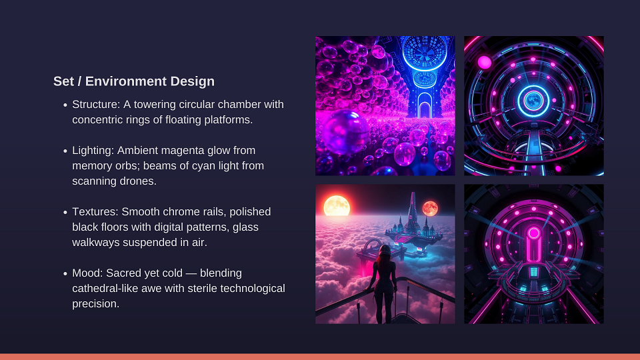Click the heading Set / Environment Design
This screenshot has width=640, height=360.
[134, 81]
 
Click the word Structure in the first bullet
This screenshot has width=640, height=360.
[95, 105]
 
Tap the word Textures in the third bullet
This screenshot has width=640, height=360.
[94, 212]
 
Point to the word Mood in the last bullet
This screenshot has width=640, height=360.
[86, 273]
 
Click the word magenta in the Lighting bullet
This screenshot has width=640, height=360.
[184, 151]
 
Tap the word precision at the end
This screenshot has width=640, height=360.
[95, 304]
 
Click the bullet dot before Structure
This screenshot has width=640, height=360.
[65, 105]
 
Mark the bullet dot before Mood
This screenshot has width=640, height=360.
[65, 273]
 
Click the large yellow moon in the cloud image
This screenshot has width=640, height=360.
[337, 206]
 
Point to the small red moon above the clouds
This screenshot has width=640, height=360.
[430, 209]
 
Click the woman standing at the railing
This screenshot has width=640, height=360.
[383, 284]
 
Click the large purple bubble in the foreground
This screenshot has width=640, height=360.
[345, 132]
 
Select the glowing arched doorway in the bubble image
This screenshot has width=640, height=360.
[425, 105]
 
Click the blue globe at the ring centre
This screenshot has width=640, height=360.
[533, 101]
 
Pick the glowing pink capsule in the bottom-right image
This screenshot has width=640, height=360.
[533, 244]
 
